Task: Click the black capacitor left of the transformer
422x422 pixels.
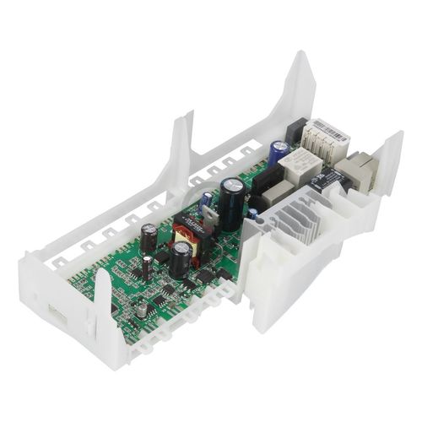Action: point(149,238)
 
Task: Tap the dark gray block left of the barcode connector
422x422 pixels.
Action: point(295,130)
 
